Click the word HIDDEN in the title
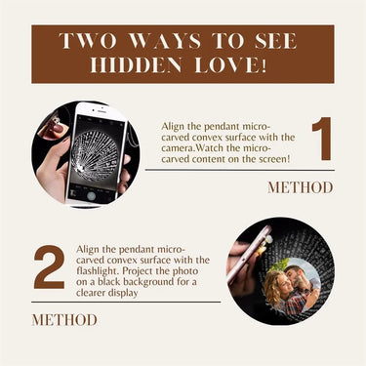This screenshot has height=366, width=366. coord(136,65)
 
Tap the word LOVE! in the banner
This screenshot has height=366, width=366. coord(230,65)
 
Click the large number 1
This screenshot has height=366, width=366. coord(322,139)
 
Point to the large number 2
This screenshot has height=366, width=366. coord(49,267)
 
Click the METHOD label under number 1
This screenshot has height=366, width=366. coord(301,187)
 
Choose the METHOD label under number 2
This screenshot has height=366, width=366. coord(64,320)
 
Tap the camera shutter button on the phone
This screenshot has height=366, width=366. coord(92,196)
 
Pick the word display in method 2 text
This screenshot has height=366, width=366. coord(123,293)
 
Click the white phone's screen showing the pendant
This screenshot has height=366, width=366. coord(95,152)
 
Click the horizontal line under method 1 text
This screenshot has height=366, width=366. coord(240,170)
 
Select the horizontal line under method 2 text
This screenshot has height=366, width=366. coord(126,302)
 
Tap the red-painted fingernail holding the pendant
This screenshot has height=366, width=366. coord(59,129)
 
